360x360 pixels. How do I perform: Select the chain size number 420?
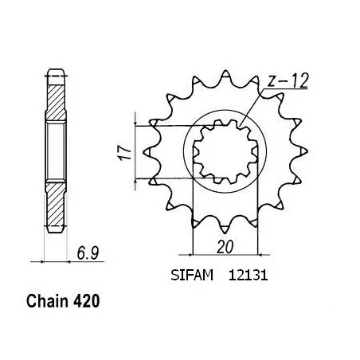coord(88,303)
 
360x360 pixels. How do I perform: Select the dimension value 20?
coord(225,248)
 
